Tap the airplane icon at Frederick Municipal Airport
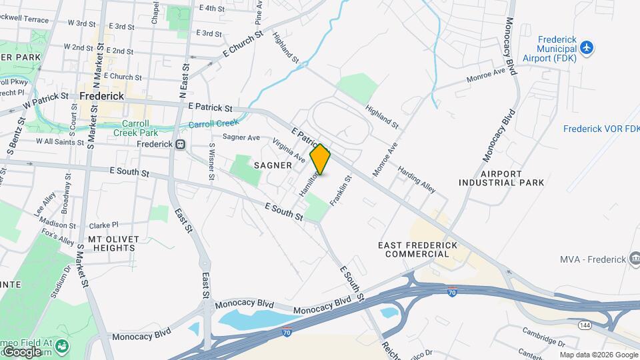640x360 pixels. pos(586,47)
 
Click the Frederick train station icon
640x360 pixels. pos(180,144)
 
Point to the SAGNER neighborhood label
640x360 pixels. pos(273,165)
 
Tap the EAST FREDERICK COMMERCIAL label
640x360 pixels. pos(417,249)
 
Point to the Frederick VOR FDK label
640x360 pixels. pos(601,129)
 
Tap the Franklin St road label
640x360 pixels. pos(340,191)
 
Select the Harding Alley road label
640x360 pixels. pos(417,179)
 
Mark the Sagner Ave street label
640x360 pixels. pos(241,137)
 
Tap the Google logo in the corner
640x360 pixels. pos(22,351)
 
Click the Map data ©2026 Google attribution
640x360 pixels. pos(599,355)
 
